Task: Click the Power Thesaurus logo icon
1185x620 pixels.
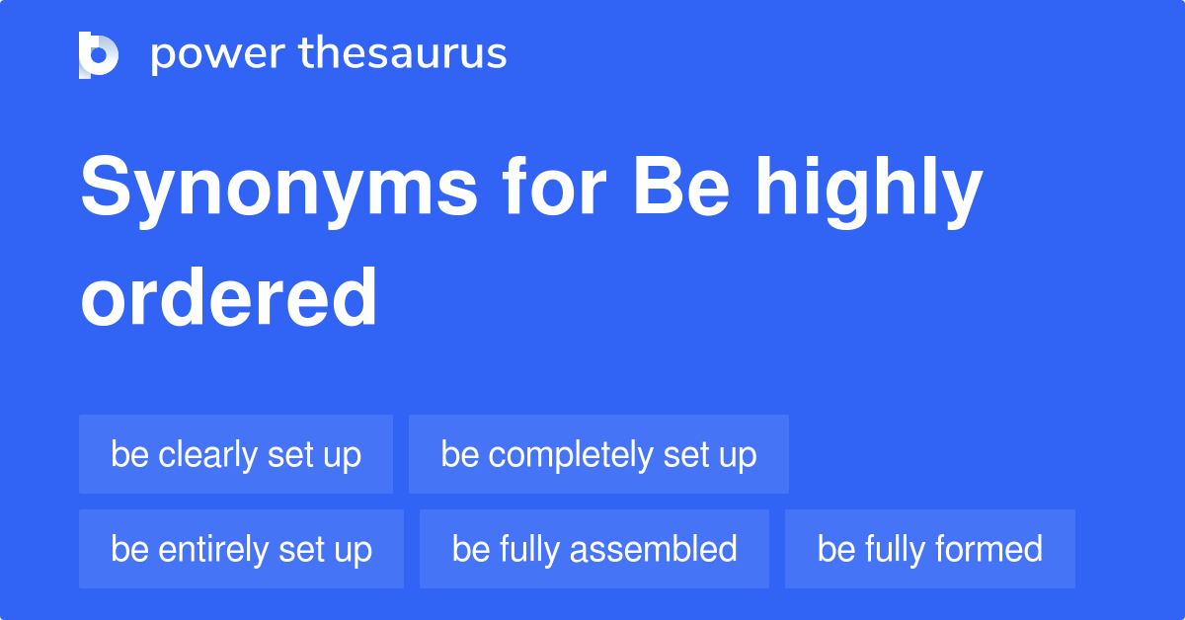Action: point(99,54)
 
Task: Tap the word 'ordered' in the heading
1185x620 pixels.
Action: point(229,297)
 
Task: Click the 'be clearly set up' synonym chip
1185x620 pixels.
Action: point(236,454)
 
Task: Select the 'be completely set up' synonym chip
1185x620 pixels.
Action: point(598,454)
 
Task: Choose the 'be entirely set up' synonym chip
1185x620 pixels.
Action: point(241,549)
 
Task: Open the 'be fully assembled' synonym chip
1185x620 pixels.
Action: point(594,549)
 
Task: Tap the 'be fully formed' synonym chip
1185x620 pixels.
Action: point(929,549)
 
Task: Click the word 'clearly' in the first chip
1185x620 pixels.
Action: point(208,455)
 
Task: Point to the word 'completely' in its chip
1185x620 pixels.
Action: point(570,455)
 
